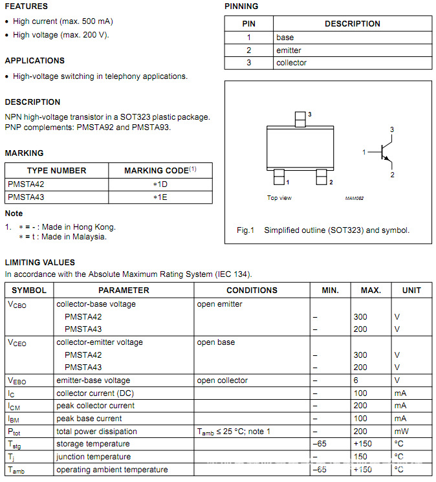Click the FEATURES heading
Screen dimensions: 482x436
pos(26,6)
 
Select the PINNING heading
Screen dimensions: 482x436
pos(241,6)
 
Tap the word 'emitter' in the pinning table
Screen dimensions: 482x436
pos(289,50)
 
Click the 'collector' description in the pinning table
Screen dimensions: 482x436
pos(291,63)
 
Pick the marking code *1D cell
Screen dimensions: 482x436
pos(160,184)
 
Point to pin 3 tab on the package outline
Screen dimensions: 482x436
pos(300,119)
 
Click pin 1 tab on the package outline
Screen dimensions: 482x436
pos(279,177)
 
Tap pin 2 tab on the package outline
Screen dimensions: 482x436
pos(322,177)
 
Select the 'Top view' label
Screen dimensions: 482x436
pos(279,198)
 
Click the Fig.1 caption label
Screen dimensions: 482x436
pos(246,230)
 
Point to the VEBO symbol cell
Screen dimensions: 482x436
pos(17,380)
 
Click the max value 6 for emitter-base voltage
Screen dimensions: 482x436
pos(356,380)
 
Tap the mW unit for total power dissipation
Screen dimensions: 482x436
pos(400,432)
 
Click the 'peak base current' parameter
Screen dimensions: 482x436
pos(89,419)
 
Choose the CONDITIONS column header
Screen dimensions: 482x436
pos(252,290)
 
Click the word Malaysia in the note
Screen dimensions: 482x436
pos(90,237)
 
